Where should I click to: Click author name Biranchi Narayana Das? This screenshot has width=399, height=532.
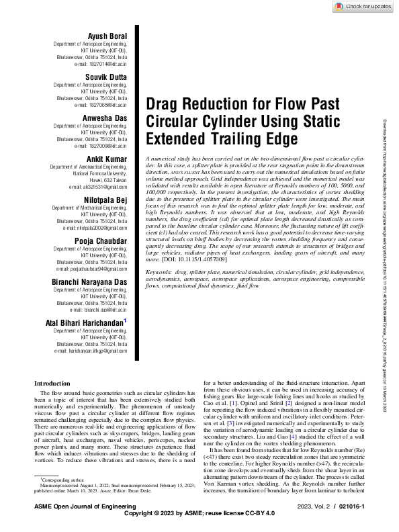[89, 281]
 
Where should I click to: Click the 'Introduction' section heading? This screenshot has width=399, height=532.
[52, 384]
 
